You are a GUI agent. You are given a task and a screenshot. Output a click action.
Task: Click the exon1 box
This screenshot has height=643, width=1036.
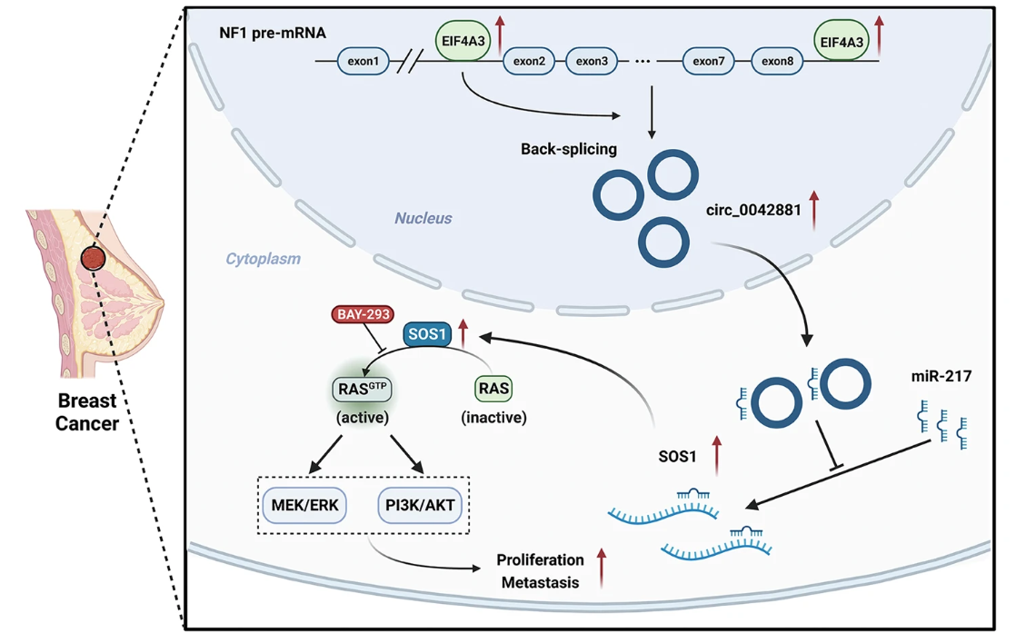point(363,62)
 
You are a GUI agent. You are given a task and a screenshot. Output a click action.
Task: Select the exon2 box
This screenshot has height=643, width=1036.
point(529,62)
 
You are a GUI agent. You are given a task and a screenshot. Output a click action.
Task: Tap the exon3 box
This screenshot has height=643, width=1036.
point(592,62)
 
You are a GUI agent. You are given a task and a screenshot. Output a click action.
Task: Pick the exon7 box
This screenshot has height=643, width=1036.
point(708,62)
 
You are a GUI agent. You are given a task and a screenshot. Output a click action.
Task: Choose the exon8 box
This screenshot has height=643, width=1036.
point(777,62)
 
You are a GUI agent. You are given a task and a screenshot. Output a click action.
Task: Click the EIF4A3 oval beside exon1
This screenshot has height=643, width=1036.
point(463,42)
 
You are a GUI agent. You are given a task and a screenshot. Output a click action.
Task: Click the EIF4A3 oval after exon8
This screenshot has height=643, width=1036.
point(842,42)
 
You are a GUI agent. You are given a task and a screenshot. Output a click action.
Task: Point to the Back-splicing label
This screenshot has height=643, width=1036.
point(569,149)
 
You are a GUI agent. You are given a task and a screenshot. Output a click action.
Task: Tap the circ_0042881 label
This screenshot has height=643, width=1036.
point(753,211)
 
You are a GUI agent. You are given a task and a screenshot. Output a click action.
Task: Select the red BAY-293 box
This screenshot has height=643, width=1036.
point(363,314)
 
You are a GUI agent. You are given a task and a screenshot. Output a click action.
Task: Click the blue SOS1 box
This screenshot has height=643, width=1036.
point(427,334)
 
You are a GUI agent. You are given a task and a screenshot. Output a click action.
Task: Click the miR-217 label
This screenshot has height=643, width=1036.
point(941,374)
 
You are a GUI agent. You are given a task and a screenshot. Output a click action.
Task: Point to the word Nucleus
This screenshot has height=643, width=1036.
point(423,218)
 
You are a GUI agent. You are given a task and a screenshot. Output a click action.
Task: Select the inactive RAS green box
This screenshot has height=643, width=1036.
point(493,389)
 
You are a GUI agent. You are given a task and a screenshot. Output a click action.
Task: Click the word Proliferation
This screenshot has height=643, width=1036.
point(541,560)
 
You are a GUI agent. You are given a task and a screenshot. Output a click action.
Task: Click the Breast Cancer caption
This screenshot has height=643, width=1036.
point(87,411)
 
